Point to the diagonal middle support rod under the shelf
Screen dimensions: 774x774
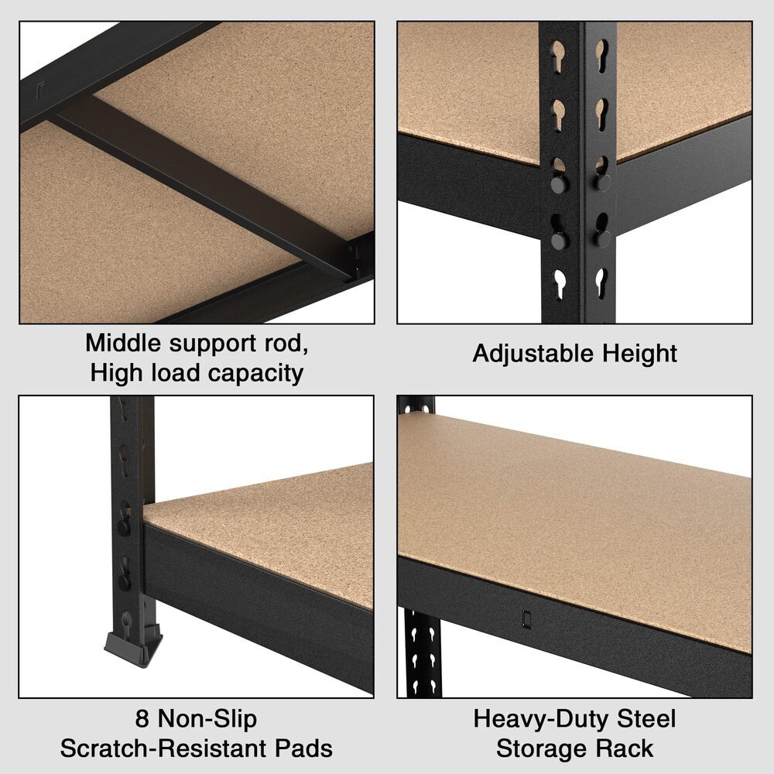(201, 183)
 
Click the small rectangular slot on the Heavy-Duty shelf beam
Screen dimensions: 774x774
(526, 619)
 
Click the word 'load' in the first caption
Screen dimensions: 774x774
(177, 373)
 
